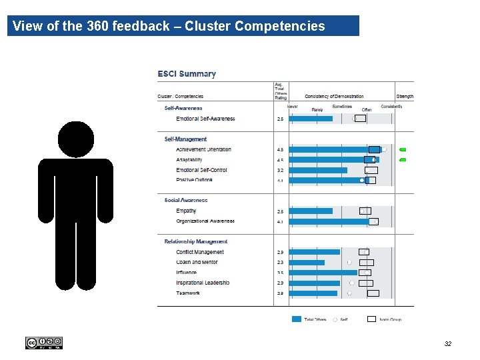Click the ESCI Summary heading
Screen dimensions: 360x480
[x=186, y=74]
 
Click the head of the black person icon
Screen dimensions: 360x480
[x=80, y=139]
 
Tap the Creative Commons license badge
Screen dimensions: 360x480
[x=43, y=343]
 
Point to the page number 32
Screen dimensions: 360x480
[x=448, y=344]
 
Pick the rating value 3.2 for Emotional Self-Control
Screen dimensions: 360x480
[x=280, y=170]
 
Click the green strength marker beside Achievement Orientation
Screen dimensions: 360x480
[x=403, y=150]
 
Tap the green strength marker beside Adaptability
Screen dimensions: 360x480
[x=403, y=160]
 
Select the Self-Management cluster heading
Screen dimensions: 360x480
[x=185, y=139]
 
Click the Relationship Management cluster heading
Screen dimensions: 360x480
[x=196, y=241]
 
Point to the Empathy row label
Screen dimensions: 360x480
[x=186, y=211]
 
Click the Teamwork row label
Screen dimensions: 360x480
[x=188, y=293]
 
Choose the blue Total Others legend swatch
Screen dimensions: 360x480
[x=297, y=319]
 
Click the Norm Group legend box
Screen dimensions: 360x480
[x=372, y=319]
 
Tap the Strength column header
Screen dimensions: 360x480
[x=405, y=97]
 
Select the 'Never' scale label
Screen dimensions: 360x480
[x=292, y=106]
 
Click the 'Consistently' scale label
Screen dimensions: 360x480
[x=391, y=106]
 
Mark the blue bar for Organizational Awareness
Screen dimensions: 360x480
[x=328, y=221]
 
